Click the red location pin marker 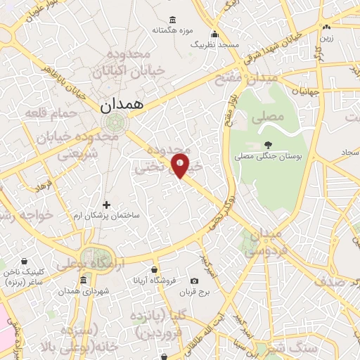pos(180,165)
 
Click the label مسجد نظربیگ pos(215,44)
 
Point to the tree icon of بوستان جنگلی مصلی pos(268,146)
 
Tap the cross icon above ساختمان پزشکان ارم pos(106,205)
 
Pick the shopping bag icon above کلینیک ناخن pos(25,261)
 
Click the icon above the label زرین pos(326,27)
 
